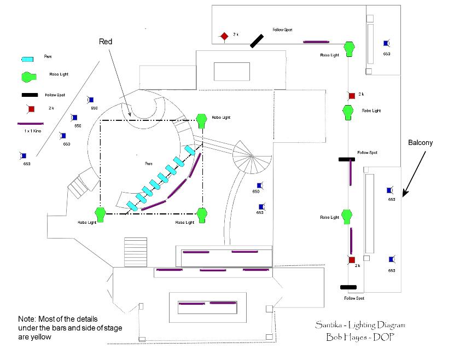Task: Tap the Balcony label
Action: tap(420, 143)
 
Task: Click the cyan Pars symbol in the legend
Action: tap(27, 58)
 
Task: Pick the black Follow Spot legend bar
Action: tap(30, 95)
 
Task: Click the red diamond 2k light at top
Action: tap(224, 36)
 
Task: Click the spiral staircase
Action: tap(251, 156)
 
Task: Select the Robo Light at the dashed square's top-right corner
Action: tap(201, 119)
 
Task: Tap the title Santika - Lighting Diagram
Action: tap(359, 325)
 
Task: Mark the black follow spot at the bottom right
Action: tap(348, 287)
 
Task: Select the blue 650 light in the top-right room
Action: tap(386, 43)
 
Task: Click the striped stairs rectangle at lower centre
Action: tap(136, 252)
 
